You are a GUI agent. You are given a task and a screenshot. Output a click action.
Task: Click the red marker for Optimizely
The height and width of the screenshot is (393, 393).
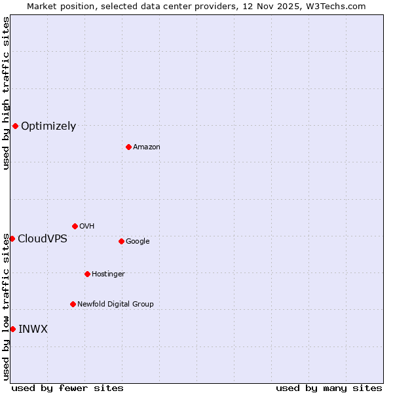[x=15, y=126]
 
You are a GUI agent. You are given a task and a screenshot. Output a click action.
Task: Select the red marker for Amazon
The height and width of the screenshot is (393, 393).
[x=128, y=147]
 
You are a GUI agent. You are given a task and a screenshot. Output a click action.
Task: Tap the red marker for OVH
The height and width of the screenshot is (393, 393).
[x=75, y=226]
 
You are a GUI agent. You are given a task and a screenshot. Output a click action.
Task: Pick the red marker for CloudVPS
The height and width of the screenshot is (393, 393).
[x=12, y=238]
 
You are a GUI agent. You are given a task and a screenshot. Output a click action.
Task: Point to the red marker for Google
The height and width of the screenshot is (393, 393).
[x=121, y=241]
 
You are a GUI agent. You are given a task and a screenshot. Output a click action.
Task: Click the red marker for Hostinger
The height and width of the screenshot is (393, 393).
[x=87, y=274]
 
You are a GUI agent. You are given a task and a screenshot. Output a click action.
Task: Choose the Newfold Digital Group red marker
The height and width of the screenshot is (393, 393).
[x=73, y=304]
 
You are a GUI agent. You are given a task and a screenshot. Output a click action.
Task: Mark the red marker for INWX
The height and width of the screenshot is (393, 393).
[x=12, y=329]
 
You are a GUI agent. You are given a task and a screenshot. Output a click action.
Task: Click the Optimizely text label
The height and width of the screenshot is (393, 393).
[x=48, y=126]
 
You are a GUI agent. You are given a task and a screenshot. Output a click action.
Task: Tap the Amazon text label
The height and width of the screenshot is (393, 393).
[x=147, y=147]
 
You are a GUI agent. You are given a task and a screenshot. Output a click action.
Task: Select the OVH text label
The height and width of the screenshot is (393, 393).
[x=87, y=227]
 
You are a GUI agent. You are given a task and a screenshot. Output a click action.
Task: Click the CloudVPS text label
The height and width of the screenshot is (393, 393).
[x=43, y=239]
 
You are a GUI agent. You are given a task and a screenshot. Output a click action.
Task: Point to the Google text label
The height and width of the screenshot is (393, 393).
[x=138, y=242]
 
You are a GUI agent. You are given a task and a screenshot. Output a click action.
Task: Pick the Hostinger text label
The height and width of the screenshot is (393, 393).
[x=108, y=274]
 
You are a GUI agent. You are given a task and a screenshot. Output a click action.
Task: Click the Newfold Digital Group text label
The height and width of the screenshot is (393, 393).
[x=115, y=305]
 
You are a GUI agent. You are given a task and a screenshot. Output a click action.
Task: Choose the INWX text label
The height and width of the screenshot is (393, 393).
[x=33, y=329]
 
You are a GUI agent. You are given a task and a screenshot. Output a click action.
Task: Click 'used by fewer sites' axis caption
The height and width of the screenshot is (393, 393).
[x=67, y=388]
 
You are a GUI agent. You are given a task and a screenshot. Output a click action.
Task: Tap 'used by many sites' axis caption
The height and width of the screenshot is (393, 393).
[x=329, y=388]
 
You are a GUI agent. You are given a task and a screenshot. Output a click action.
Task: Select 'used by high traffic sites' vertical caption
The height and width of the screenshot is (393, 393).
[x=6, y=93]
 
